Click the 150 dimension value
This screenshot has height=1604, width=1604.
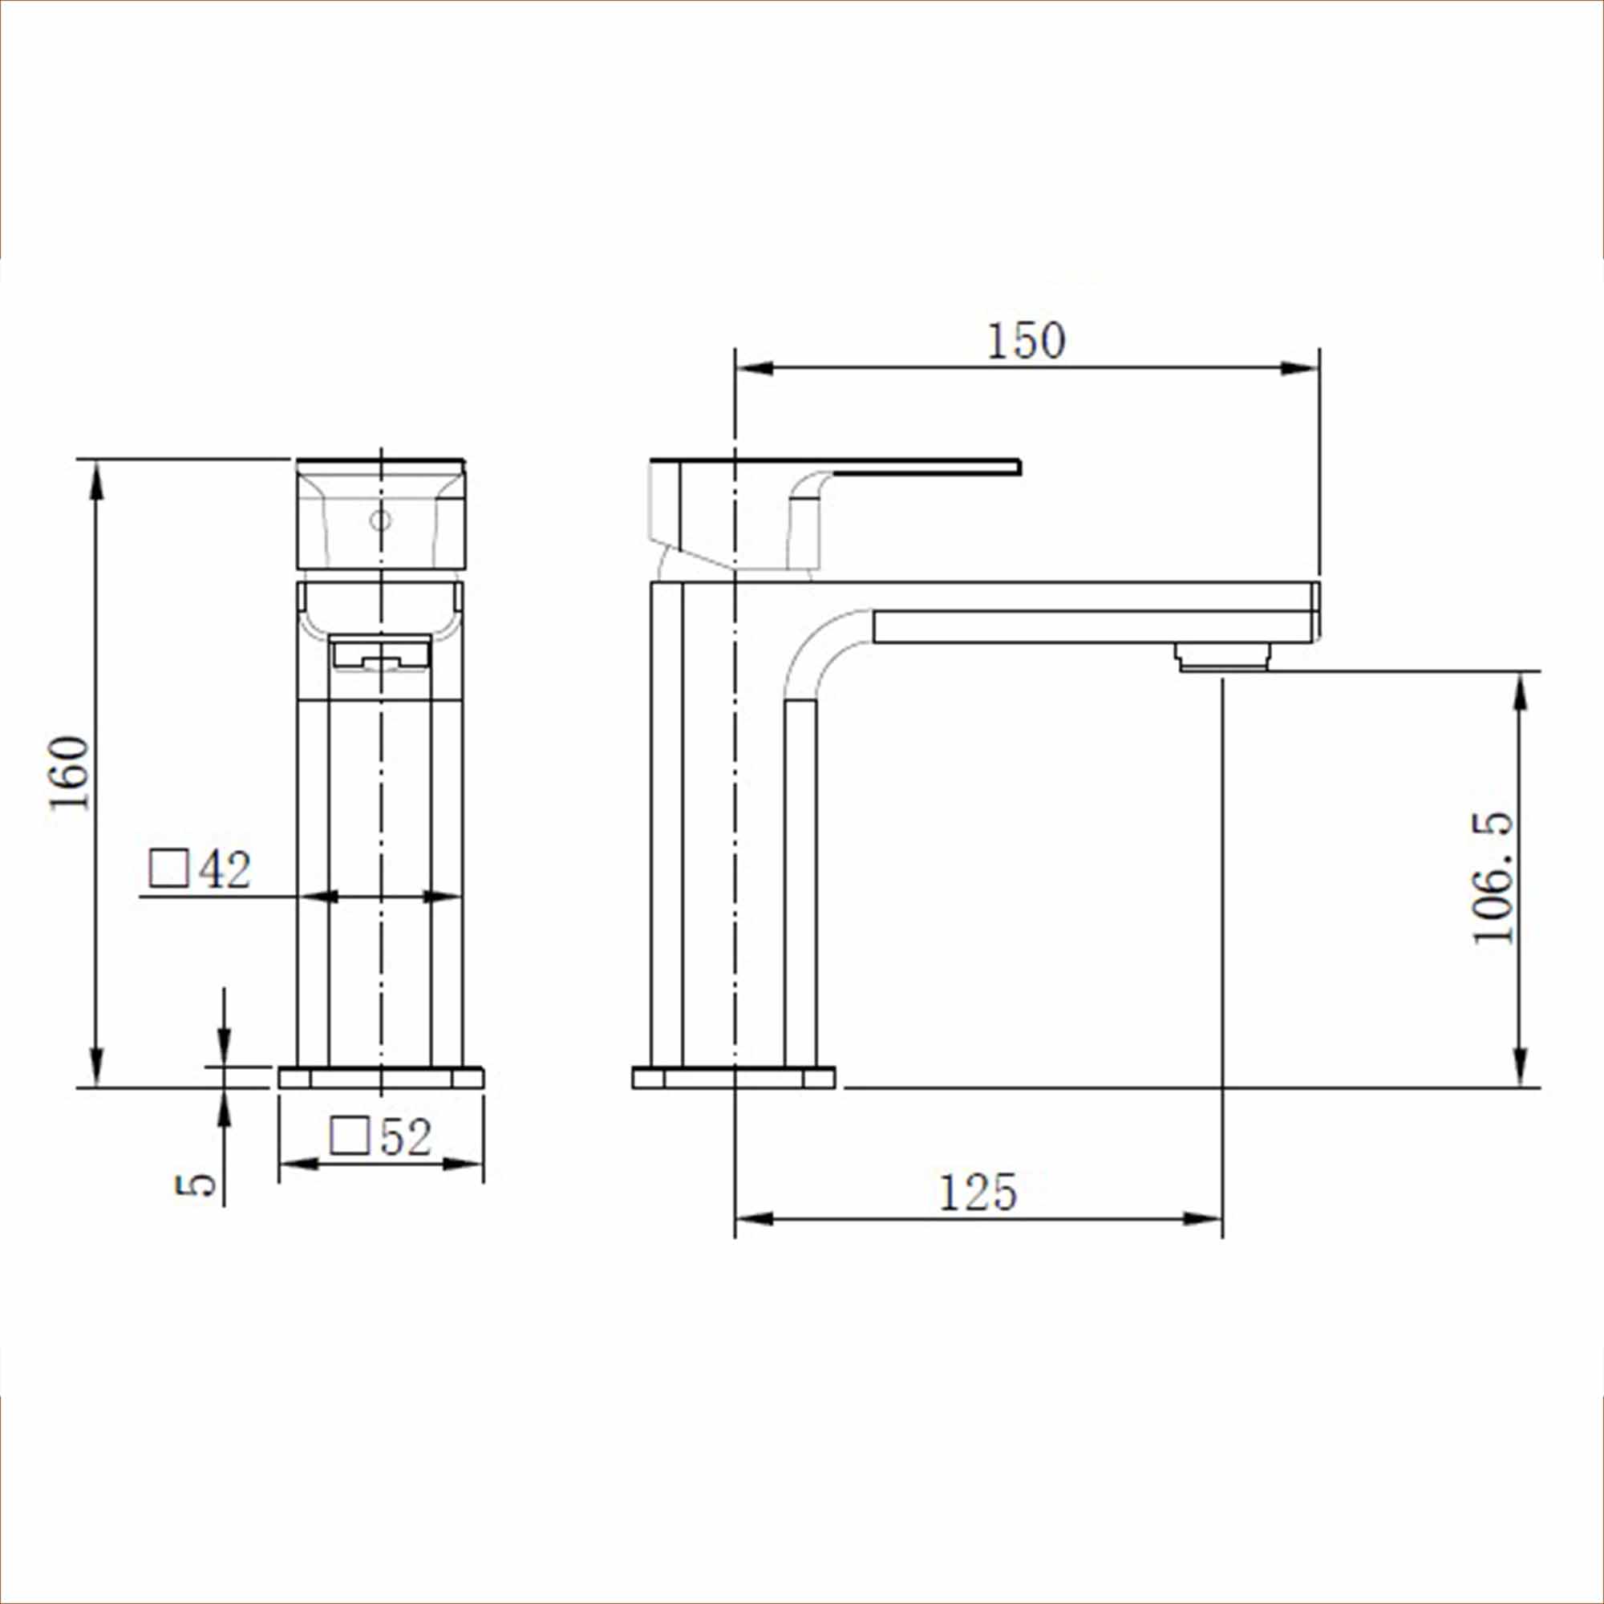tap(1027, 341)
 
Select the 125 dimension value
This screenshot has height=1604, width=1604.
tap(977, 1193)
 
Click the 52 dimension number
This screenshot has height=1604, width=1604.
tap(406, 1136)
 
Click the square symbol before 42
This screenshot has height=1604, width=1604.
tap(168, 869)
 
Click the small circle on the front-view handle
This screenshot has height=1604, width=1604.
tap(380, 520)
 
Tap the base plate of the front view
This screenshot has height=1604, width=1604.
tap(381, 1078)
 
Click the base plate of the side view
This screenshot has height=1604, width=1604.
tap(734, 1078)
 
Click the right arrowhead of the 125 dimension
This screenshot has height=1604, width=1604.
tap(1204, 1219)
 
